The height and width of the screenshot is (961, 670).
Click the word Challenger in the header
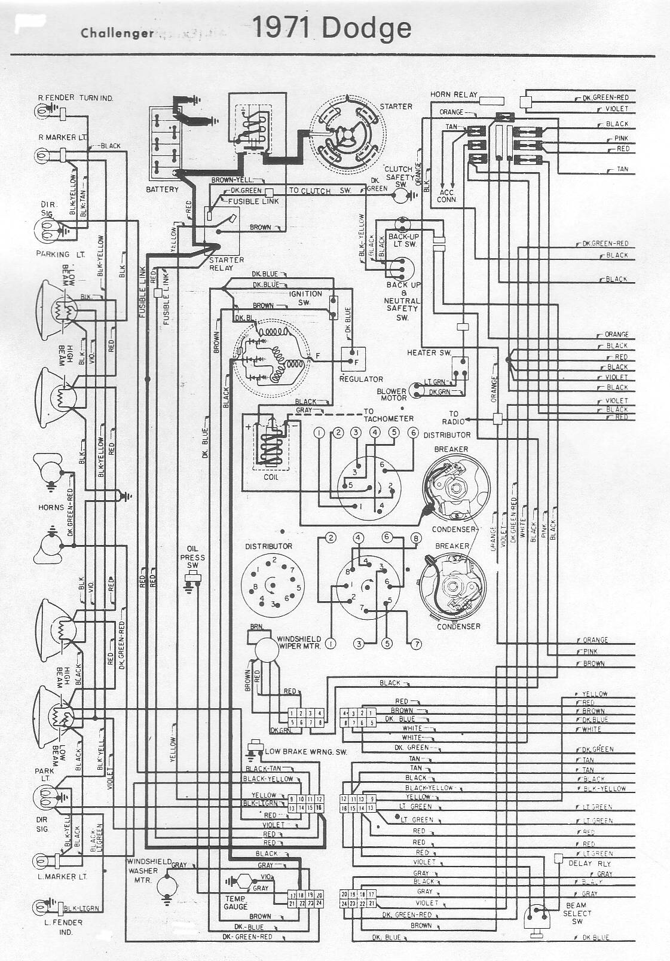pos(117,33)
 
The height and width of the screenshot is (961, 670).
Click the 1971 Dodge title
pos(332,27)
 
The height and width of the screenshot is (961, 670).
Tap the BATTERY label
pos(162,189)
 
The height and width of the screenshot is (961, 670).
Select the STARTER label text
pos(396,106)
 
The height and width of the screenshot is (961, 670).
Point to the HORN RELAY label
pos(454,94)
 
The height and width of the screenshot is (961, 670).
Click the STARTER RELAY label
pos(226,264)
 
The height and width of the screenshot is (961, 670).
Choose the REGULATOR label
pos(361,379)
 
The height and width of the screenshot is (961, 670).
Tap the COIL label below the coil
pos(271,477)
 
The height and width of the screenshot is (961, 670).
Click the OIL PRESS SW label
pos(192,557)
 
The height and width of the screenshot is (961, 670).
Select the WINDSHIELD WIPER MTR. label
pos(299,642)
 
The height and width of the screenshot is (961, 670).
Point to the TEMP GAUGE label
pos(236,902)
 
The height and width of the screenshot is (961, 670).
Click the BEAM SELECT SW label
pos(577,913)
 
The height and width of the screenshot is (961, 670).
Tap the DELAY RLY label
pos(589,863)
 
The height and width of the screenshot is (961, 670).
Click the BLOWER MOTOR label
pos(392,394)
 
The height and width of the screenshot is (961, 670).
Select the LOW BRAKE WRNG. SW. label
pos(305,751)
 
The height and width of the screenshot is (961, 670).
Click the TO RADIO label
pos(453,417)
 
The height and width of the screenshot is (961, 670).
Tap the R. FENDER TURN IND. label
pos(75,97)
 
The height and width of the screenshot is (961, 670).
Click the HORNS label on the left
pos(51,507)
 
